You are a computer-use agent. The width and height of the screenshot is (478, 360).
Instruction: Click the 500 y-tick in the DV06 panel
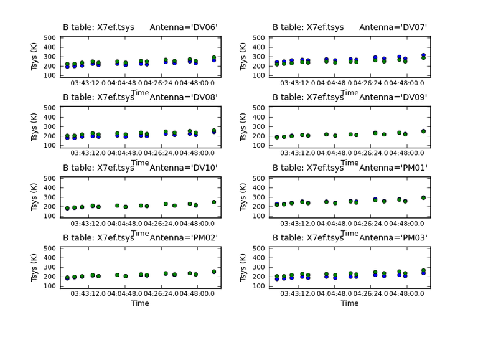tap(49, 38)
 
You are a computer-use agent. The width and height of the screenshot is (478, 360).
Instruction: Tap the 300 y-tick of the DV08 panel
tap(49, 127)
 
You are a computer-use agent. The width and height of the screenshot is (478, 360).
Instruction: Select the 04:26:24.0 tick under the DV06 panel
tap(171, 83)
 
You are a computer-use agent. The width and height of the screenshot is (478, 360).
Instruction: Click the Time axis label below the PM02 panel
tap(140, 303)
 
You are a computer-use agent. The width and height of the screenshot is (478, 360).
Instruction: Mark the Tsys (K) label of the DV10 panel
tap(35, 196)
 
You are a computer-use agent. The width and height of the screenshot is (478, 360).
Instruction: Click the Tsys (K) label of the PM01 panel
tap(245, 196)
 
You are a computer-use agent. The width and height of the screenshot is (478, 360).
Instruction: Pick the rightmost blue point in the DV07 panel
tap(423, 55)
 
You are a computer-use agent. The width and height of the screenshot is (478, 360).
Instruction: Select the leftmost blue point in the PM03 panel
tap(277, 278)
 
